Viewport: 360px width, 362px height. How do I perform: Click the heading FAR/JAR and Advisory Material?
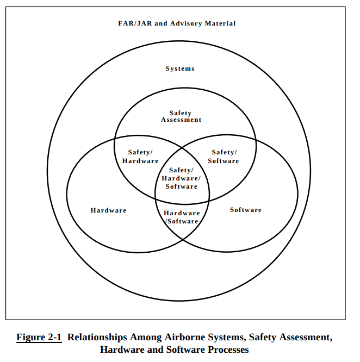click(x=177, y=23)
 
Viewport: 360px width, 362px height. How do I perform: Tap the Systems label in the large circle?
click(x=180, y=68)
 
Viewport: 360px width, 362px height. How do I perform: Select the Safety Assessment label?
click(x=181, y=116)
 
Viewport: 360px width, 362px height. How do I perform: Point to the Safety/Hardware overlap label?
click(x=140, y=157)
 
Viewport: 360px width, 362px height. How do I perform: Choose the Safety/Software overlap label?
click(x=224, y=157)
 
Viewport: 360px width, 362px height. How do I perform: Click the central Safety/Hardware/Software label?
click(x=181, y=178)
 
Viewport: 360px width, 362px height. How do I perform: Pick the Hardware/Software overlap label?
click(x=182, y=217)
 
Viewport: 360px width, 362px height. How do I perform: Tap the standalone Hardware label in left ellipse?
click(x=108, y=210)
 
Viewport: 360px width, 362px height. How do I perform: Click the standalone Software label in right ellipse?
click(x=246, y=210)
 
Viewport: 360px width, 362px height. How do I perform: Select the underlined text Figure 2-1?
click(x=39, y=337)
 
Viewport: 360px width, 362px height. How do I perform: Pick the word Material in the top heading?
click(x=220, y=23)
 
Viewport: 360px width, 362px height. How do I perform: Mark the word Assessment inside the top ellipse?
click(x=181, y=120)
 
